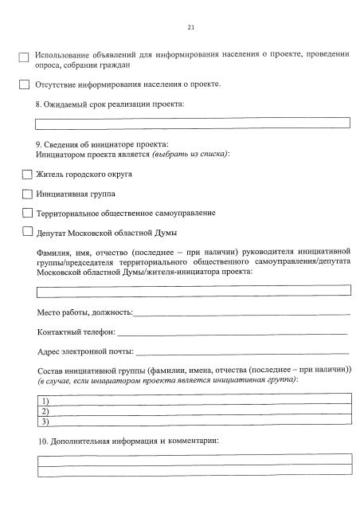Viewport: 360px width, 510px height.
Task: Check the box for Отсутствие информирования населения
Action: pos(25,85)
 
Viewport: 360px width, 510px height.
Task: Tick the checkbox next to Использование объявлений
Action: pos(25,57)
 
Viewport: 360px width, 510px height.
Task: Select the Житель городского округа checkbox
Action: pos(27,174)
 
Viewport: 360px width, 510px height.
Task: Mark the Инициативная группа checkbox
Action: pos(27,194)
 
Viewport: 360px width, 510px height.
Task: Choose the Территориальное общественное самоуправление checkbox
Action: pos(27,213)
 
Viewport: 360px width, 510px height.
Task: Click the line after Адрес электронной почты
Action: pos(243,352)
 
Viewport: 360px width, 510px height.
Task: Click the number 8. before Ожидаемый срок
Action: pos(41,104)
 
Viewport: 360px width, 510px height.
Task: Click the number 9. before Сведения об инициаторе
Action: pos(41,144)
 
